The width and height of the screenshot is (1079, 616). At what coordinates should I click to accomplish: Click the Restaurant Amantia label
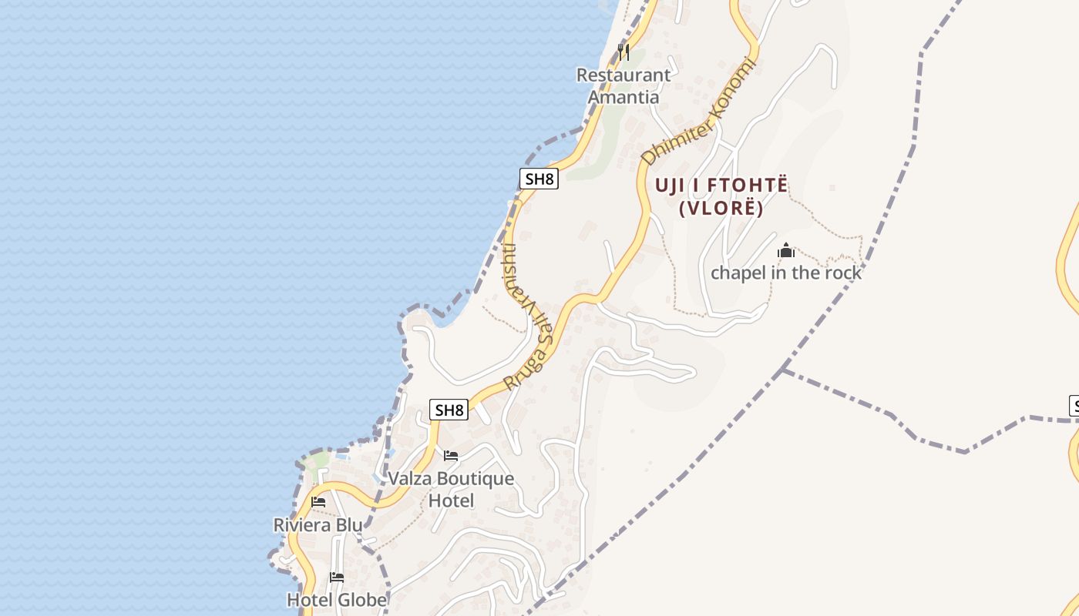tap(624, 86)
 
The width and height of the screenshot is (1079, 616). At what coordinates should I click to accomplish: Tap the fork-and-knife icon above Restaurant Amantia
tap(624, 52)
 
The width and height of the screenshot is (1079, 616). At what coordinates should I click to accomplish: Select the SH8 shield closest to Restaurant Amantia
tap(539, 179)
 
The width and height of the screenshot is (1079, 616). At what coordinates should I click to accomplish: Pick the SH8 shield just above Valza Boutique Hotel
tap(449, 410)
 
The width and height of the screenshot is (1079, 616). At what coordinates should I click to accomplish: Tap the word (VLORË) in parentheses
tap(721, 209)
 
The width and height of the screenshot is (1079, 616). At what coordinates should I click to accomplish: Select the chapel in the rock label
tap(786, 273)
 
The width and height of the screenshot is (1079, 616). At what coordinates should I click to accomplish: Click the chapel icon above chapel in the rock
tap(786, 250)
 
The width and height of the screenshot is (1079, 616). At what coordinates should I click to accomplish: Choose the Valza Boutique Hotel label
tap(451, 489)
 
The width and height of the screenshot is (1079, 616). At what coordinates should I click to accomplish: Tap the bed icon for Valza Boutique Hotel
tap(451, 456)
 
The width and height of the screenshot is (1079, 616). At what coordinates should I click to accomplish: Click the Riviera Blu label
tap(318, 525)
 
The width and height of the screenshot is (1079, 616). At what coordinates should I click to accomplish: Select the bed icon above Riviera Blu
tap(318, 502)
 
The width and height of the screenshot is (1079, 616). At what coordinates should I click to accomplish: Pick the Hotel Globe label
tap(337, 599)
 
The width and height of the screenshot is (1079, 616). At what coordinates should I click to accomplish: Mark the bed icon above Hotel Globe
tap(337, 577)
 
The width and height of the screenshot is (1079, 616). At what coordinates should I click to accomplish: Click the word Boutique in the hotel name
tap(475, 478)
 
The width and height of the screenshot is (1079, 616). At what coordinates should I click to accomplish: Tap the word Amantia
tap(624, 98)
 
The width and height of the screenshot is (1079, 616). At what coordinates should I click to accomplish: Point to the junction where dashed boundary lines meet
tap(783, 370)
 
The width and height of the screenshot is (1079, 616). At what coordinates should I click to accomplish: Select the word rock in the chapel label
tap(843, 273)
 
